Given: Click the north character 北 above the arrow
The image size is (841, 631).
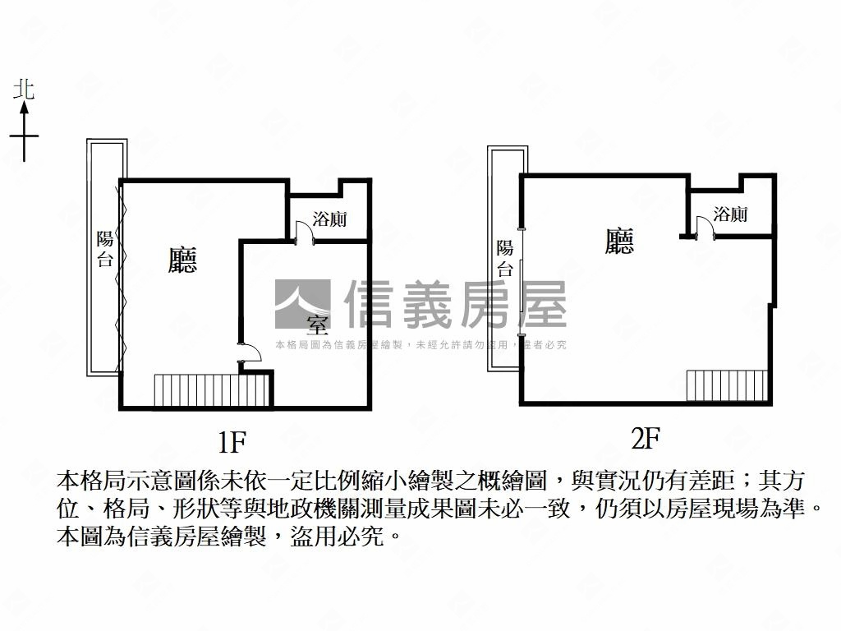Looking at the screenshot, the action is [24, 90].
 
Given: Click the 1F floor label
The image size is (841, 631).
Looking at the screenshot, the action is [232, 442].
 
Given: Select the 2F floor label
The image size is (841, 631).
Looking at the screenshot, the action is [646, 439].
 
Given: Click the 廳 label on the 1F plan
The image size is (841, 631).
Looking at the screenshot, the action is [182, 260].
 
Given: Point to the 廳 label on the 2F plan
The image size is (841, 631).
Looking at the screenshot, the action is [619, 241].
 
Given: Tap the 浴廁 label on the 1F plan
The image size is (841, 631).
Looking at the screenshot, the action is [329, 219].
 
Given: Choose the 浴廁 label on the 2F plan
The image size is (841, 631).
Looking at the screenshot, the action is [730, 214].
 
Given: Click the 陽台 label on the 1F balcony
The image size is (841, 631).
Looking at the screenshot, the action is [105, 249].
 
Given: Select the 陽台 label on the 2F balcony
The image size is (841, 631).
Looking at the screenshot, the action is [505, 259].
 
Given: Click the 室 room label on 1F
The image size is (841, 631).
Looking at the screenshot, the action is [317, 325].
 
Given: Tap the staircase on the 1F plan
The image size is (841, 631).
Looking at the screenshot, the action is [211, 390].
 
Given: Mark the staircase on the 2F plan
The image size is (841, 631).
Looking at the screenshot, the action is [727, 385].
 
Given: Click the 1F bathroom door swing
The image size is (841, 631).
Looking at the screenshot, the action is [304, 232].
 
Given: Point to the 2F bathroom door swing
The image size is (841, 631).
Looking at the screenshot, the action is [705, 226].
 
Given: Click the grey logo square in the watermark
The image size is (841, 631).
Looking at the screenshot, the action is [302, 304].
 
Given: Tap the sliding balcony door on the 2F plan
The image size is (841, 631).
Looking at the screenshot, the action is [521, 283].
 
